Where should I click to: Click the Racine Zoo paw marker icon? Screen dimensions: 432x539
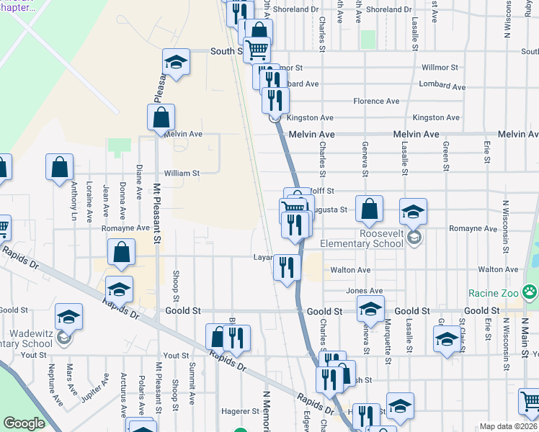[x=530, y=292]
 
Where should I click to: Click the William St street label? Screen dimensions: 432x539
[x=181, y=174]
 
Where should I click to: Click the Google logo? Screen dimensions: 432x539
[x=24, y=424]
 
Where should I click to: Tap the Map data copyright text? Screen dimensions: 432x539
[x=507, y=426]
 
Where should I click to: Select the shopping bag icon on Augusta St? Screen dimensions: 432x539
[x=369, y=210]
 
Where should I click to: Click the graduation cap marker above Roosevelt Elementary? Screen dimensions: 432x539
[x=414, y=212]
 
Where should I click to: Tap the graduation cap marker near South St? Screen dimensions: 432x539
[x=175, y=63]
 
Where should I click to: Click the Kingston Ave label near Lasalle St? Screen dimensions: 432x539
[x=436, y=117]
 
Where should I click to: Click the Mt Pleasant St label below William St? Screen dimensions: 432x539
[x=156, y=210]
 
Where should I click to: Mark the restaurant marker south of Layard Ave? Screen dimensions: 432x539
[x=287, y=268]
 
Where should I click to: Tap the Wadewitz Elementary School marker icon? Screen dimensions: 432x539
[x=63, y=336]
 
